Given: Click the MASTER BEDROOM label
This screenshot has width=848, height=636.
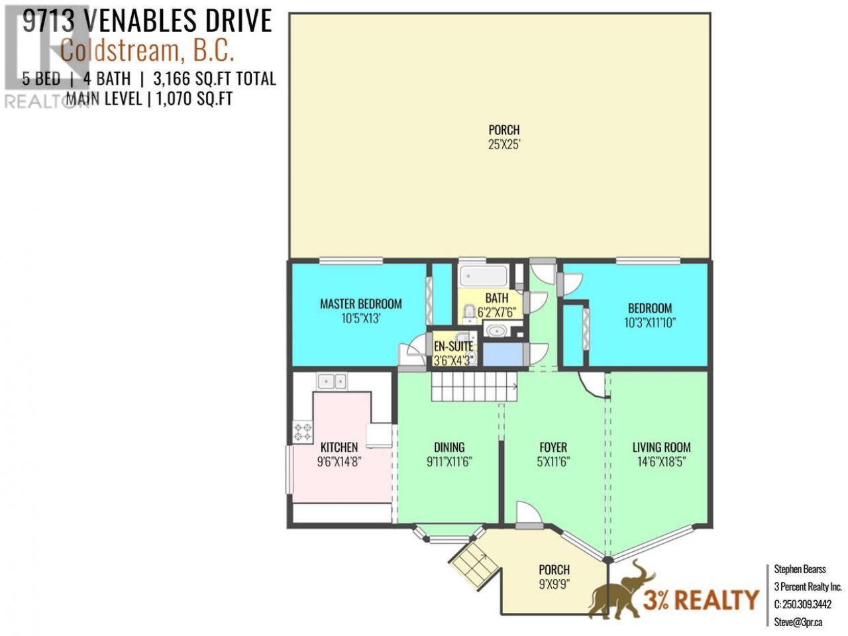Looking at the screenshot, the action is (360, 304).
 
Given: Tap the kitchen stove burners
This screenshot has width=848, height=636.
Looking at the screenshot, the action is (303, 432).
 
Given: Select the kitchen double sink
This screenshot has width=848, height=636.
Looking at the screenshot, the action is (331, 382).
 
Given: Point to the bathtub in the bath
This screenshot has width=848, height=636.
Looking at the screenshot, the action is (484, 276).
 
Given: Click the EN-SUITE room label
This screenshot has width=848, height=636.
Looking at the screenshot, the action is (453, 346).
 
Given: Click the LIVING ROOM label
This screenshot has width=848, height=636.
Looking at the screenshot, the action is (661, 447).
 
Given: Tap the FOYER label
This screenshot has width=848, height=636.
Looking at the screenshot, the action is (553, 447).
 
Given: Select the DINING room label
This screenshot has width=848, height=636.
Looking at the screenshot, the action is (449, 447).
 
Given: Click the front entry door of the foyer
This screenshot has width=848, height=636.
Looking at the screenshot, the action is (529, 515).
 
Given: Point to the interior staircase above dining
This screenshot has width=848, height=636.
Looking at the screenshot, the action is (474, 386).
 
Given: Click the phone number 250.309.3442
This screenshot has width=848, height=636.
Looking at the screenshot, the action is (803, 604).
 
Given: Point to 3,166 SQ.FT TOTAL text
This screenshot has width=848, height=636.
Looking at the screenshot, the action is (215, 79).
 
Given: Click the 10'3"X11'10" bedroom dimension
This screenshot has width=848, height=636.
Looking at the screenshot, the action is (650, 323).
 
